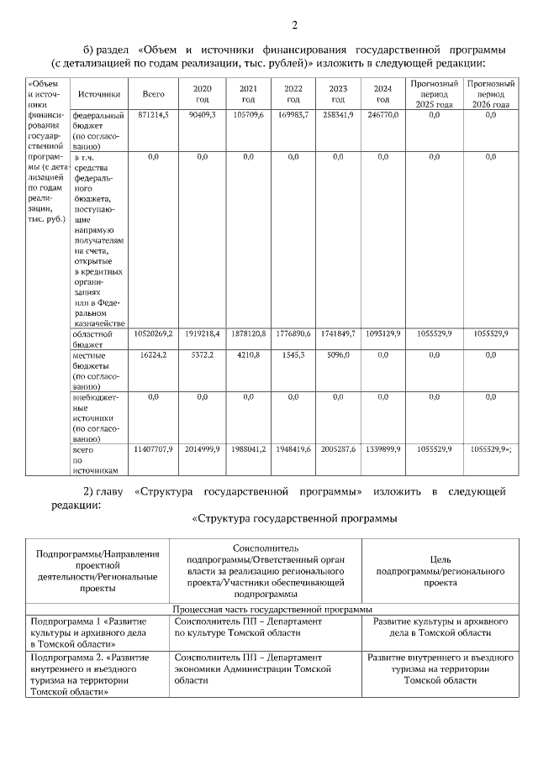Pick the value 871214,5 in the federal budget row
[154, 114]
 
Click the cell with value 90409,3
[202, 114]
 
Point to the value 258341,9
[338, 114]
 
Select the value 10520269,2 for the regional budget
[153, 334]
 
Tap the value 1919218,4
[202, 334]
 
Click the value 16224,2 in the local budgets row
[154, 355]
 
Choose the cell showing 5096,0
[338, 355]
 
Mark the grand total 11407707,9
[153, 450]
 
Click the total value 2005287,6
[338, 450]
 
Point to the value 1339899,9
[382, 450]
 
